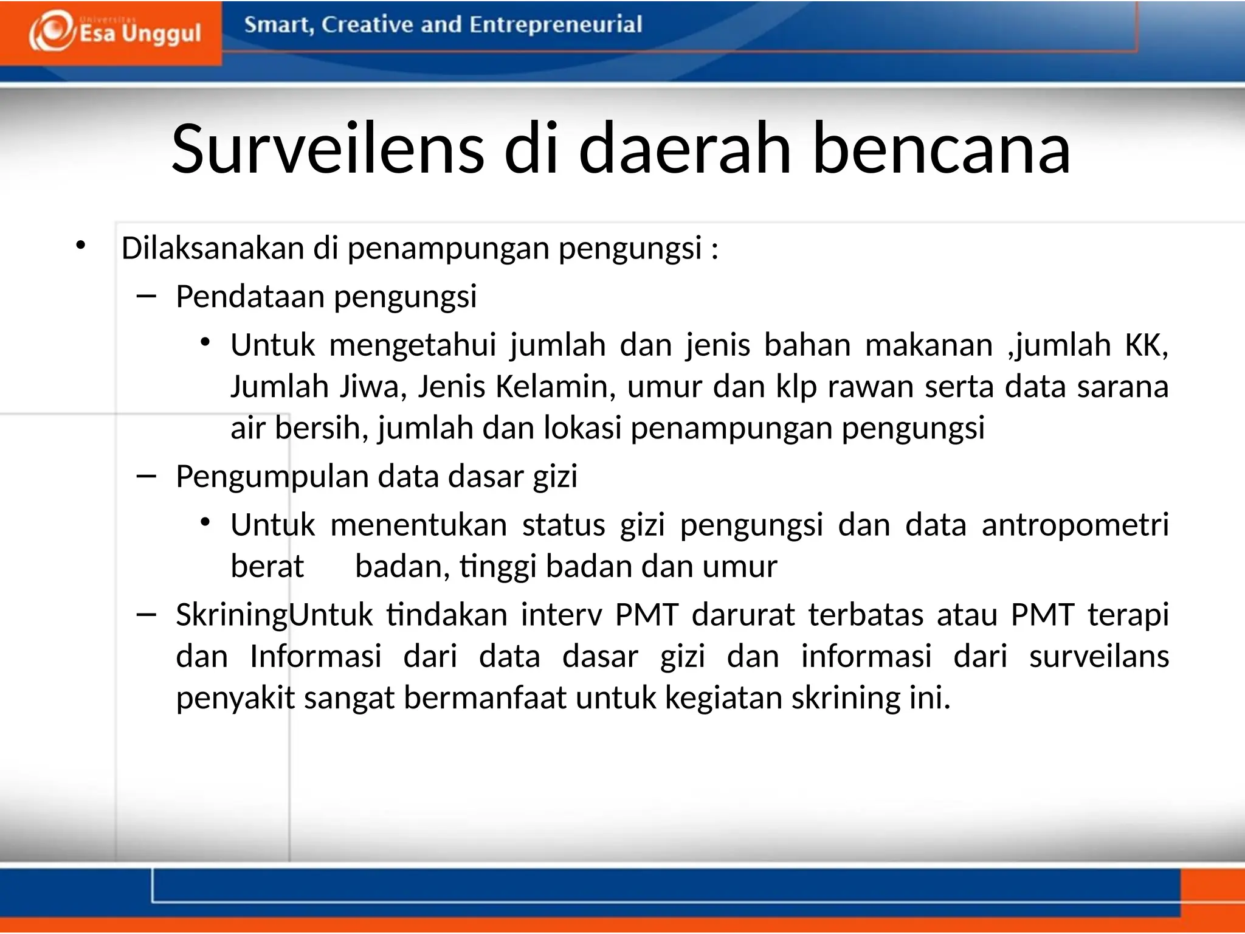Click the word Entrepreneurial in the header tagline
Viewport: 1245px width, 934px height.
[555, 25]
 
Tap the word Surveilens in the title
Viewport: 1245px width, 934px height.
[328, 149]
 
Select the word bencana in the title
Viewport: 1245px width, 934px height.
[941, 149]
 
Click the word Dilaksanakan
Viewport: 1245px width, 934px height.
[212, 249]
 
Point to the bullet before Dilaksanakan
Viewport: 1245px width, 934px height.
[80, 246]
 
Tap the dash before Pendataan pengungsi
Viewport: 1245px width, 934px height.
[147, 297]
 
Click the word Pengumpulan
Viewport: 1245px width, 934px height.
[272, 477]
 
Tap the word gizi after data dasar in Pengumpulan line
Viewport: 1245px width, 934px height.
[555, 477]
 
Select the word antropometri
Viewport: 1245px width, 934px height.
[1075, 525]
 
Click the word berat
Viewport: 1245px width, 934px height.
[267, 567]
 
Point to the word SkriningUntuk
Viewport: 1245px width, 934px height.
[274, 615]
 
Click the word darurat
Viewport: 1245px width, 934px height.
[743, 615]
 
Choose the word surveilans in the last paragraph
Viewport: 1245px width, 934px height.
[1098, 657]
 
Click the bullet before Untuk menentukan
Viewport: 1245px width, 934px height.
[205, 522]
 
